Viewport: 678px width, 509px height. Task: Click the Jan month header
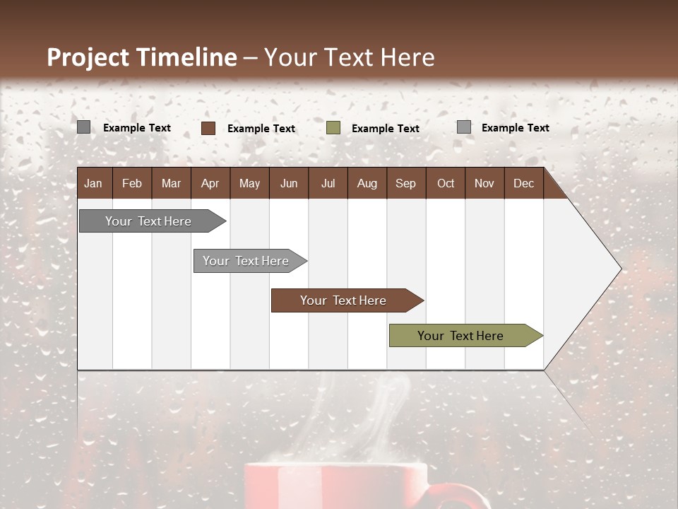[x=93, y=183]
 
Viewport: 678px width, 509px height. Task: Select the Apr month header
[x=210, y=183]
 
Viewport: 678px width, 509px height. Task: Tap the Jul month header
[x=328, y=183]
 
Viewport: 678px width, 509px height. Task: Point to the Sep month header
[x=405, y=183]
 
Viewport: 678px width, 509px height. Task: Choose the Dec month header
[x=523, y=183]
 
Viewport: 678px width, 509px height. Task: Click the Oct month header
[x=446, y=183]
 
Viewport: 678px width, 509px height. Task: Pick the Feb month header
[x=132, y=183]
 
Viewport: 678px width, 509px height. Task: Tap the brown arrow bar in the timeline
[x=344, y=300]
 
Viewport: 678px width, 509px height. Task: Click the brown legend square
[x=208, y=128]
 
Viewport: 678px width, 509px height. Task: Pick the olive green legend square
[x=333, y=128]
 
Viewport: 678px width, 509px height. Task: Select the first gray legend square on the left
[x=84, y=127]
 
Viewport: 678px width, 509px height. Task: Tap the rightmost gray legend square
[x=464, y=127]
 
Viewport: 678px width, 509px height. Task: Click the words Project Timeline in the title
[x=141, y=57]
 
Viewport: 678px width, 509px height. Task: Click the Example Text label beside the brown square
[x=261, y=129]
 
